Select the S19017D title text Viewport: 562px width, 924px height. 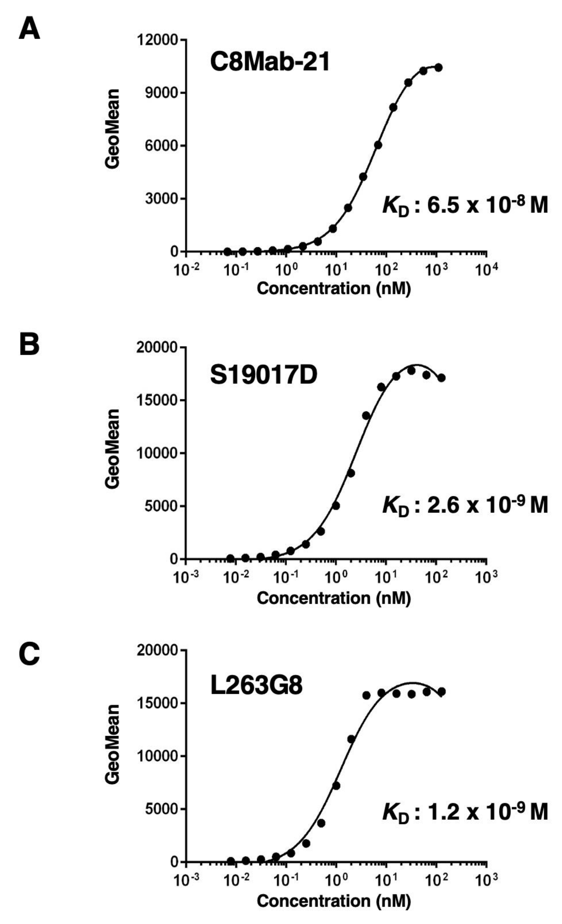[264, 375]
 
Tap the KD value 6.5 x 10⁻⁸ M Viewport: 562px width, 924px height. [465, 206]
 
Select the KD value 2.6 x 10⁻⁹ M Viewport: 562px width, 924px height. [465, 506]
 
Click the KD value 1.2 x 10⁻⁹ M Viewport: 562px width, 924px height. [465, 812]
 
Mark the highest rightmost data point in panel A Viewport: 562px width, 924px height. [438, 68]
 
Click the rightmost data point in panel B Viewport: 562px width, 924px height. [441, 378]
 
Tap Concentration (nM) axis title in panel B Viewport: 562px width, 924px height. [334, 598]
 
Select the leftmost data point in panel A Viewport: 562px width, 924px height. [227, 251]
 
